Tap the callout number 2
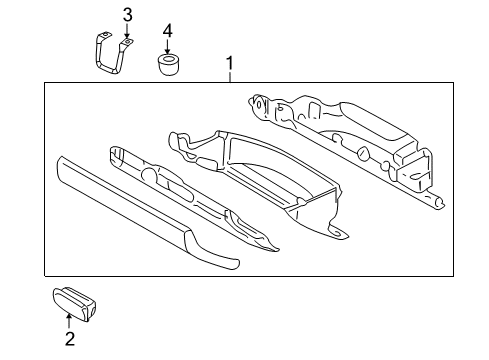[x=69, y=340]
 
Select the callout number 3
[x=127, y=14]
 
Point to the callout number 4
[x=168, y=30]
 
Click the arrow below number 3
[x=127, y=33]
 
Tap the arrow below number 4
[x=168, y=49]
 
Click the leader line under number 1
[x=231, y=79]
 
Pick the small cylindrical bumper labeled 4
[x=168, y=66]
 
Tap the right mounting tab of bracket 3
[x=127, y=41]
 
